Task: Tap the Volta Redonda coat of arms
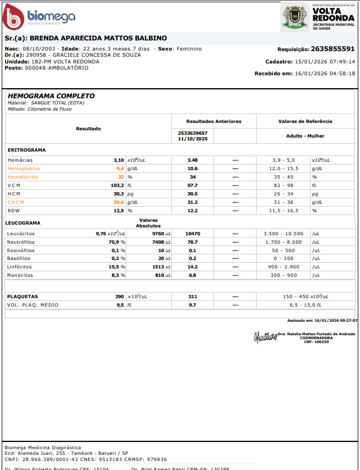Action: click(294, 17)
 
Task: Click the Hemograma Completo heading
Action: click(51, 96)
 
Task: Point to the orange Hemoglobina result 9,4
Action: click(120, 168)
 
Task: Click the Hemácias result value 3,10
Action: click(119, 160)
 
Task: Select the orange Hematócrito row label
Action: click(23, 177)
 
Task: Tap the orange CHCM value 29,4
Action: click(119, 202)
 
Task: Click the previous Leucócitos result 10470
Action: click(193, 234)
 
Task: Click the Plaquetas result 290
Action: click(120, 296)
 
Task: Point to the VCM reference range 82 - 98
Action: click(284, 185)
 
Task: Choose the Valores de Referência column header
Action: click(305, 121)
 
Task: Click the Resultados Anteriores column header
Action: click(213, 121)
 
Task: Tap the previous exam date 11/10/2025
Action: click(193, 139)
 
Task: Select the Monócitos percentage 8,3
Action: click(117, 276)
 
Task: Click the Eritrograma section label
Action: click(26, 150)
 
